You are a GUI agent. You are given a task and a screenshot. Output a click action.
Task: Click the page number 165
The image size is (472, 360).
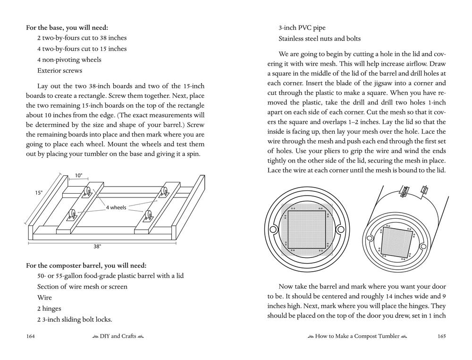[x=441, y=336]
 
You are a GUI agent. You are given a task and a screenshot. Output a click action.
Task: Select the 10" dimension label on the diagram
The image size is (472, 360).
[x=78, y=176]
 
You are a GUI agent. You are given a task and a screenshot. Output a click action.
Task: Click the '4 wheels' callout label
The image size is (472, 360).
[x=116, y=207]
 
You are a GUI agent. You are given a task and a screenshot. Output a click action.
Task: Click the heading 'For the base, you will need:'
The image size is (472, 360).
[x=70, y=27]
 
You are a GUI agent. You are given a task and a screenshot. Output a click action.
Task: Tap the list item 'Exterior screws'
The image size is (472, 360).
[x=59, y=70]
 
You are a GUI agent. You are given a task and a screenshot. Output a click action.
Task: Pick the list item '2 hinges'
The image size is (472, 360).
[x=49, y=309]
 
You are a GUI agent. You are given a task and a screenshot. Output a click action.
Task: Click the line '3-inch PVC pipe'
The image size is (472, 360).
[x=302, y=27]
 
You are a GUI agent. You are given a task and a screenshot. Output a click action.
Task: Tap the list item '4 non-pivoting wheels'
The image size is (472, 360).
[x=69, y=60]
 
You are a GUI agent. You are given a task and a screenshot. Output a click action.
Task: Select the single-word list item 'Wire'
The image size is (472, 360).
[x=44, y=298]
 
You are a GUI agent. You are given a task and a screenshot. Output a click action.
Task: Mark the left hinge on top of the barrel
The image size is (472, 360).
[x=405, y=191]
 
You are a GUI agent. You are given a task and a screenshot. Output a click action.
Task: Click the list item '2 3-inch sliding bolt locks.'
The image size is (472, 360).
[x=75, y=319]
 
